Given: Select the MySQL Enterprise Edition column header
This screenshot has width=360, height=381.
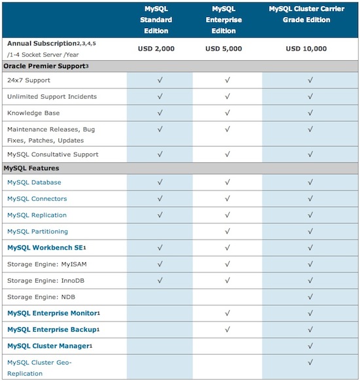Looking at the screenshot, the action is [x=227, y=20].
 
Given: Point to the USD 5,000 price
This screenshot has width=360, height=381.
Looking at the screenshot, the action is [x=227, y=49].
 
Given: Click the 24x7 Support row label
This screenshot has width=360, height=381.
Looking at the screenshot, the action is [x=29, y=81].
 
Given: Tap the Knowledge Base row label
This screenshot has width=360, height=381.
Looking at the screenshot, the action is [x=32, y=113].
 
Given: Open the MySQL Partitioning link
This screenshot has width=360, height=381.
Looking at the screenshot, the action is [x=37, y=232].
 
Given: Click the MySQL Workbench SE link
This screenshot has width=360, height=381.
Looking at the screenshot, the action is [x=46, y=248].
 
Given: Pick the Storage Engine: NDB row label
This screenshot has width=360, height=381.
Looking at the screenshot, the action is [x=41, y=297].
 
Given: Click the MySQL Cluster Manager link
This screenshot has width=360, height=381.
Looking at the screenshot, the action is [x=49, y=346].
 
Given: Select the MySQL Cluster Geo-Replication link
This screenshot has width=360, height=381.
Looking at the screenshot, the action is [x=39, y=368].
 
